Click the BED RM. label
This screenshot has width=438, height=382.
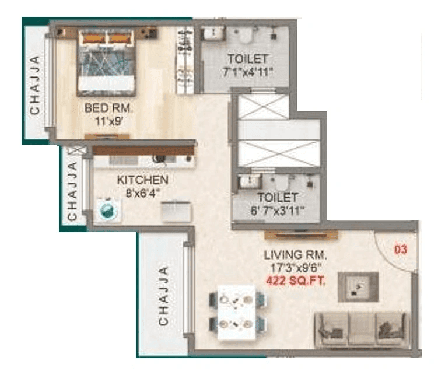pyautogui.click(x=109, y=108)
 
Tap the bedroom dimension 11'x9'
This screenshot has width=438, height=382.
pyautogui.click(x=109, y=121)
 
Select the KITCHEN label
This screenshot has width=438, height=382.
pyautogui.click(x=142, y=179)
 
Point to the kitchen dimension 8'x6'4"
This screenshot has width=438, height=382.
pyautogui.click(x=142, y=192)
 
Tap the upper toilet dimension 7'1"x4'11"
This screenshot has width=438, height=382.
pyautogui.click(x=248, y=72)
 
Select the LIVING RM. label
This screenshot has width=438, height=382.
pyautogui.click(x=295, y=255)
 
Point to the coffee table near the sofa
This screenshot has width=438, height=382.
pyautogui.click(x=358, y=287)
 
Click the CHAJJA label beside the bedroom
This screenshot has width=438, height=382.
pyautogui.click(x=35, y=85)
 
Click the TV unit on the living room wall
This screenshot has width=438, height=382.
pyautogui.click(x=301, y=234)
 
